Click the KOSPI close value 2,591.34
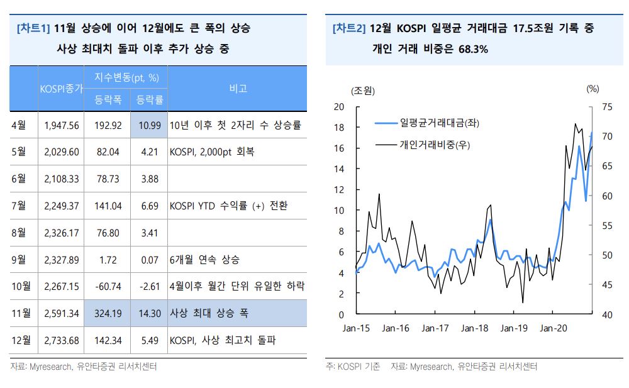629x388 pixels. (62, 313)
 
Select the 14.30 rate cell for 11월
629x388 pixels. (150, 313)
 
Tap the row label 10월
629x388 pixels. (21, 286)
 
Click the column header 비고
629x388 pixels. (238, 89)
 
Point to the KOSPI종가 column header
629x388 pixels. (61, 89)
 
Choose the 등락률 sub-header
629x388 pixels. (150, 99)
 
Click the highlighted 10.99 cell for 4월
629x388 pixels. (150, 125)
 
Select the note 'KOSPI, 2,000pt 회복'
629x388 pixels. (212, 152)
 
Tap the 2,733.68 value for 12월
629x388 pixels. (62, 340)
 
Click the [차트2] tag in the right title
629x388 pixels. (348, 28)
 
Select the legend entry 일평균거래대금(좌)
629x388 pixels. (439, 124)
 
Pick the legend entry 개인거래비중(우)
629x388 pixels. (435, 145)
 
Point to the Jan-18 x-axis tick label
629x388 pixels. (474, 328)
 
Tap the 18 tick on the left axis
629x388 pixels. (338, 128)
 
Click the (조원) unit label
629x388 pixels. (363, 91)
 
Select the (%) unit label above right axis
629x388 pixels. (593, 89)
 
